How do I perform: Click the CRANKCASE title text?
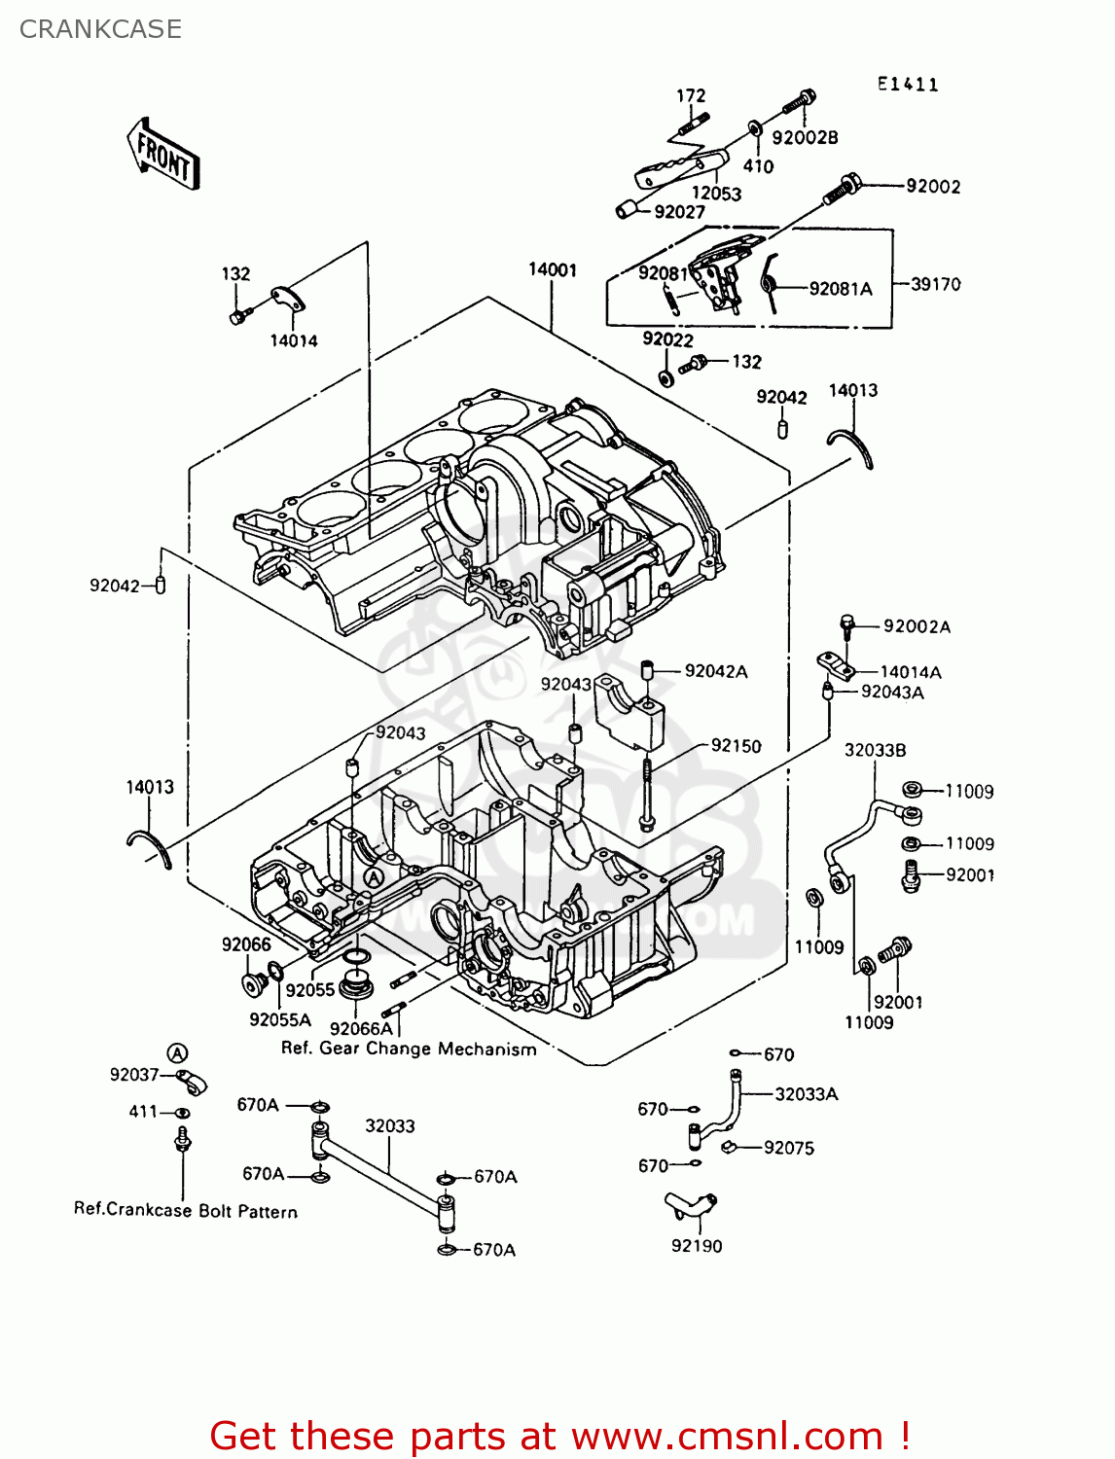[100, 29]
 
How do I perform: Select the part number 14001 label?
[553, 269]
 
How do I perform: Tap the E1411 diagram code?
[908, 85]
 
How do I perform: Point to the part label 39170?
[935, 284]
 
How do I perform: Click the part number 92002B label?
[805, 138]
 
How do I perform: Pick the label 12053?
[716, 194]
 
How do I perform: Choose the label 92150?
[736, 746]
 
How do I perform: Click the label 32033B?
[875, 750]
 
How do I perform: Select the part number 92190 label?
[697, 1246]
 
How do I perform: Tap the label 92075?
[788, 1148]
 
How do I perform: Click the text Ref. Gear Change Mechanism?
[409, 1049]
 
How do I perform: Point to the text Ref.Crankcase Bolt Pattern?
[186, 1211]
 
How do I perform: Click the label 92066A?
[361, 1029]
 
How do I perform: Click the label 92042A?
[716, 671]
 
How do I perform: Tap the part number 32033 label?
[390, 1126]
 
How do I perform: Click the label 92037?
[134, 1075]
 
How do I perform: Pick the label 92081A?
[841, 289]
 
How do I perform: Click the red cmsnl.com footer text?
[559, 1437]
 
